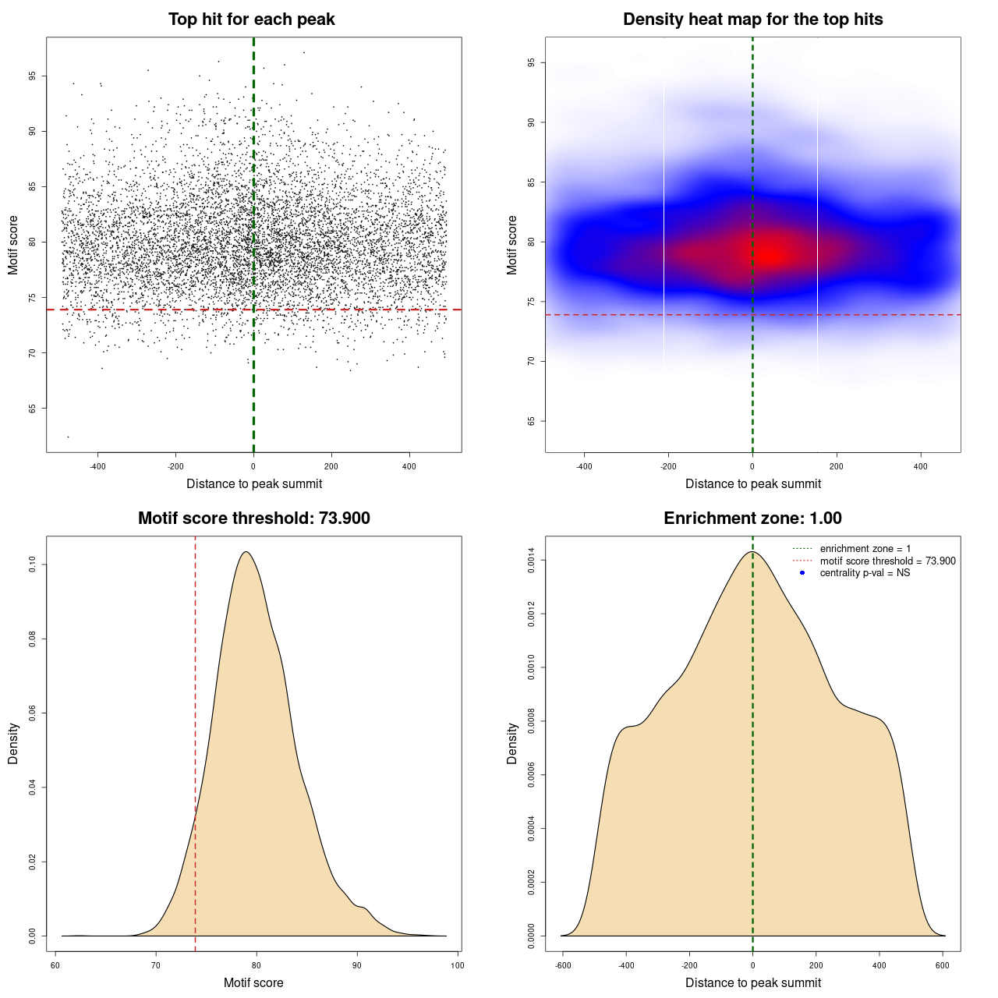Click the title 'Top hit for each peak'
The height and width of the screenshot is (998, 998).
pyautogui.click(x=251, y=19)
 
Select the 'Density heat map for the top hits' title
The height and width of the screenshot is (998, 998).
pyautogui.click(x=752, y=19)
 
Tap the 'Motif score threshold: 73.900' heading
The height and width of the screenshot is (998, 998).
pyautogui.click(x=253, y=518)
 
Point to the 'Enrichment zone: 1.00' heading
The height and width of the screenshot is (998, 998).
pyautogui.click(x=752, y=518)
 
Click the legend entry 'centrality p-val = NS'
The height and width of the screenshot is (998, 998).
pyautogui.click(x=865, y=573)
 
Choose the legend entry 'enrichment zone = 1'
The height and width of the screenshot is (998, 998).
pyautogui.click(x=865, y=549)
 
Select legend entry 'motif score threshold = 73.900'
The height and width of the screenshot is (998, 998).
pyautogui.click(x=887, y=561)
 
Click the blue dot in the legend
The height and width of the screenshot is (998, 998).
pyautogui.click(x=802, y=573)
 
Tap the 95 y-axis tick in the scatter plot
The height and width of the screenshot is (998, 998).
pyautogui.click(x=33, y=76)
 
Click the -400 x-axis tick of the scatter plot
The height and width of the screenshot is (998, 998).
pyautogui.click(x=97, y=467)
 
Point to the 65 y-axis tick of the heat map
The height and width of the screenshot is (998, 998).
pyautogui.click(x=532, y=421)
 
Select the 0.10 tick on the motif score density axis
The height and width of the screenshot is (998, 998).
pyautogui.click(x=33, y=564)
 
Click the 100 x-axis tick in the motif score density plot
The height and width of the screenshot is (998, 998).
pyautogui.click(x=457, y=965)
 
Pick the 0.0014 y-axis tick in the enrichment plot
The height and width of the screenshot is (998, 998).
pyautogui.click(x=532, y=561)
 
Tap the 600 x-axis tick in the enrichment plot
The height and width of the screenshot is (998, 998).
pyautogui.click(x=943, y=965)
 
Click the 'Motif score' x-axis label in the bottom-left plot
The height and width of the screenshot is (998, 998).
pyautogui.click(x=253, y=982)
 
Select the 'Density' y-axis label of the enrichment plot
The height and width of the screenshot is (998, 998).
pyautogui.click(x=512, y=743)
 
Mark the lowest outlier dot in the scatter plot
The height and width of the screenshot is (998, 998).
pyautogui.click(x=68, y=437)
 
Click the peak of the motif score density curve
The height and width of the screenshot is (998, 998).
pyautogui.click(x=246, y=552)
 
